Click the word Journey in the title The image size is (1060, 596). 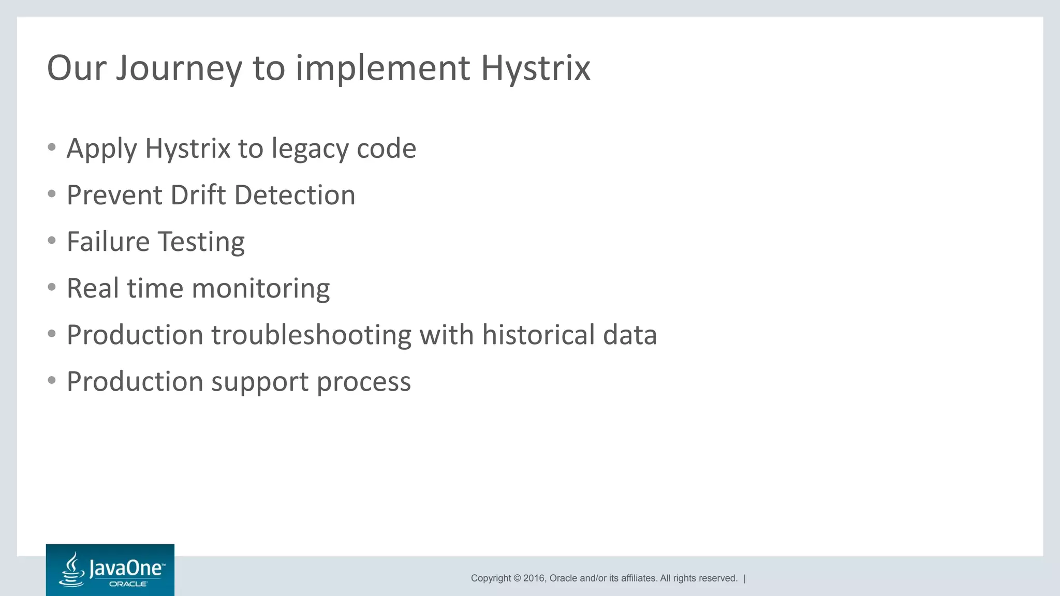179,68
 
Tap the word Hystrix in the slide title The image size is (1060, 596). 535,68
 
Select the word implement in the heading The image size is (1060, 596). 382,68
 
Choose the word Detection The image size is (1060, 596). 295,196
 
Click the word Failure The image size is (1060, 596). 108,242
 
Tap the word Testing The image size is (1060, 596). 201,242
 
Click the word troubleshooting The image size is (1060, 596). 311,335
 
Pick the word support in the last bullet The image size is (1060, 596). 259,382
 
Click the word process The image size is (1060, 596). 363,382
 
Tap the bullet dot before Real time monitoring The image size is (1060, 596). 51,287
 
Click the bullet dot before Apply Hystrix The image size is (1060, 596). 51,147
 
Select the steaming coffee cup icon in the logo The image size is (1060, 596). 72,570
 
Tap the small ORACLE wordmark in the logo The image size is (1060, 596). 128,584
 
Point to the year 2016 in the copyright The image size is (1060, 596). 534,578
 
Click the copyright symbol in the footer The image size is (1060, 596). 517,578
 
